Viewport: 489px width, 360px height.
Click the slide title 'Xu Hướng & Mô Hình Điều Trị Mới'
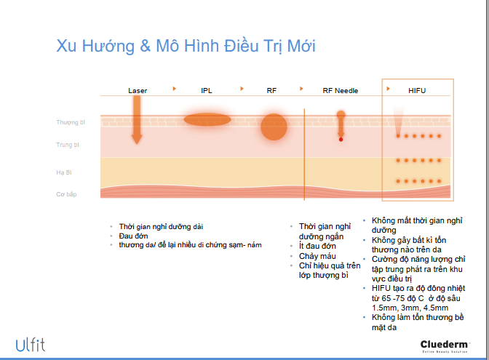[186, 46]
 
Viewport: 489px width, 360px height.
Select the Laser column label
[138, 91]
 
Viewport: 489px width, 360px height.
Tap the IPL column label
[207, 91]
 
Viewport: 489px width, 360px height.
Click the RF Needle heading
[341, 91]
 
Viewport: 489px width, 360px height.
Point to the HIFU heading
[417, 91]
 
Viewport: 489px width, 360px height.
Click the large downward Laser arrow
[137, 120]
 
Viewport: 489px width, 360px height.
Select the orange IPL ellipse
[207, 119]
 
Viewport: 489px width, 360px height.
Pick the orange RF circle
[274, 127]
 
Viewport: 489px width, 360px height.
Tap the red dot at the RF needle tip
[341, 140]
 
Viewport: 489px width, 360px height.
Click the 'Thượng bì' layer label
[71, 122]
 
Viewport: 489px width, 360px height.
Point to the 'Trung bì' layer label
[68, 145]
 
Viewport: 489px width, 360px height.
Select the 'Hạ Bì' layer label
[64, 172]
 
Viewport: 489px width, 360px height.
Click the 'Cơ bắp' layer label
[66, 194]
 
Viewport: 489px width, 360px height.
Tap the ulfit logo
[31, 345]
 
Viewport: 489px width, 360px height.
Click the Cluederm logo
[445, 346]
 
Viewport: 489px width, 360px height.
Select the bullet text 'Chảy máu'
[317, 256]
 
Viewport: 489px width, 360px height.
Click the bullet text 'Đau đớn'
[133, 236]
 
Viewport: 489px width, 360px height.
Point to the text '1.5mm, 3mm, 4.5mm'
[410, 308]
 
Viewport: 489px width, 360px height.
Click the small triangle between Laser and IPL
[175, 89]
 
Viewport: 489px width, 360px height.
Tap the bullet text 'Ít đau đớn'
[317, 247]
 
